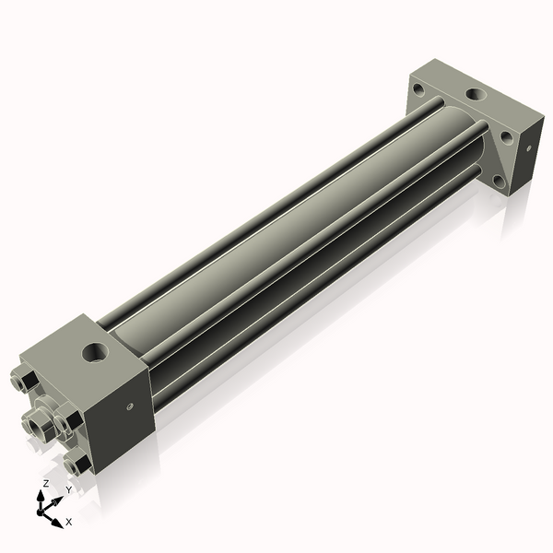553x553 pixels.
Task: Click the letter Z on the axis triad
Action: tap(45, 484)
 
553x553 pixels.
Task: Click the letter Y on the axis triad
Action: tap(69, 489)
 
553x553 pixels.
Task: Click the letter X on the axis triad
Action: tap(69, 522)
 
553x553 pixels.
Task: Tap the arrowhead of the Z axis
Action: tap(41, 497)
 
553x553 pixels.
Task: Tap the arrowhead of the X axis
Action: tap(57, 523)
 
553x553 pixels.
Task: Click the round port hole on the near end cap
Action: tap(96, 352)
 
